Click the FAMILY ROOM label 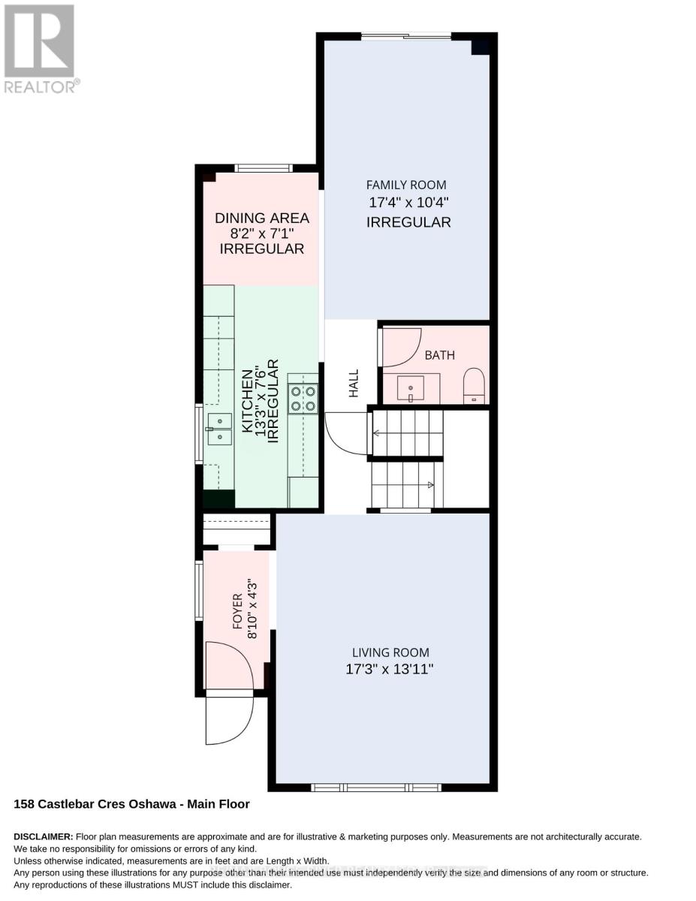coord(406,185)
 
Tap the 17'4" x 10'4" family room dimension coord(408,203)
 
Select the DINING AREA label coord(261,218)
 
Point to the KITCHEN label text coord(247,402)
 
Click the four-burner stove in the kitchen coord(303,399)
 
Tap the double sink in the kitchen coord(220,429)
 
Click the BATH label coord(440,355)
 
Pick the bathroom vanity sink coord(411,388)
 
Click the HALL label coord(354,383)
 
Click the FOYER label coord(237,611)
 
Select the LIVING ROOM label coord(390,652)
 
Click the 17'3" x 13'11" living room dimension coord(389,669)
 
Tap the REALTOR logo coord(41,49)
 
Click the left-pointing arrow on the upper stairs coord(376,433)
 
